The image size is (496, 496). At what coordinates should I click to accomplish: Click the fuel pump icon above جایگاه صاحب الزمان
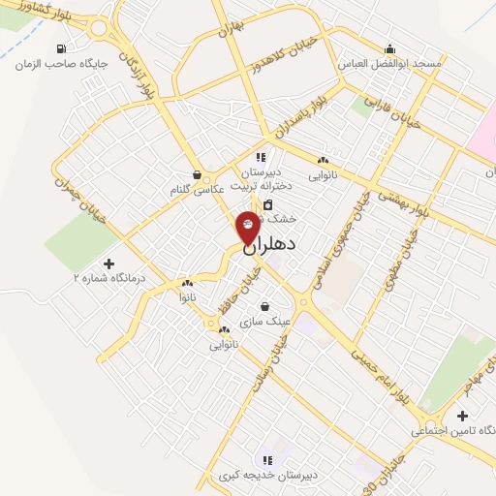point(63,48)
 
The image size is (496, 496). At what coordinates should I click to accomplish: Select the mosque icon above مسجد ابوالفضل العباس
point(390,48)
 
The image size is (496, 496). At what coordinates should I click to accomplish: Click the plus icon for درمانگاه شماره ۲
point(108,263)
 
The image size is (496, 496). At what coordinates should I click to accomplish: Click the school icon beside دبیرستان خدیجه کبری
point(267,460)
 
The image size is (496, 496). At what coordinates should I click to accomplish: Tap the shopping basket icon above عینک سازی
point(263,306)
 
